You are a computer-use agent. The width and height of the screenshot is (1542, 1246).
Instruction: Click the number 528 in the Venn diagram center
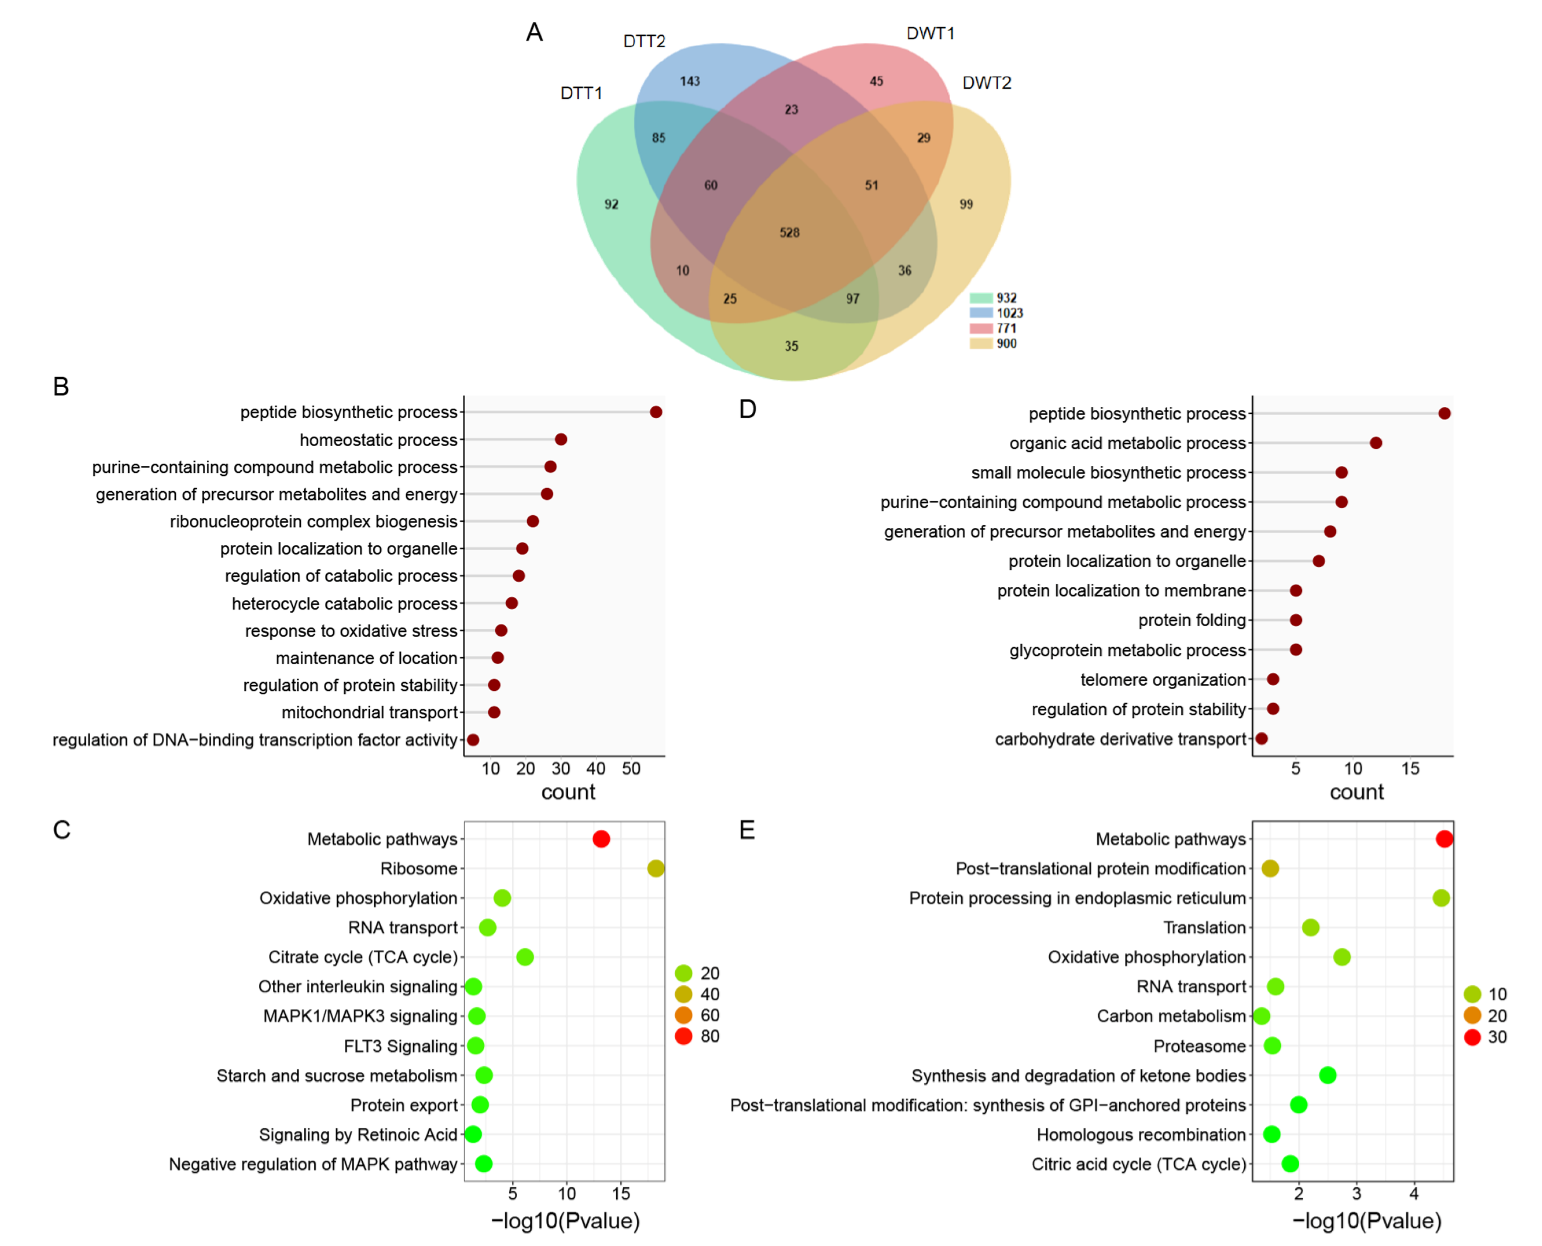tap(790, 232)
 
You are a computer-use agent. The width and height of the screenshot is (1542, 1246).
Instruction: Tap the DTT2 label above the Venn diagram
tap(644, 41)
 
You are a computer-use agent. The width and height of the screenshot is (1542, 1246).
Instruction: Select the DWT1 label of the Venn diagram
tap(930, 33)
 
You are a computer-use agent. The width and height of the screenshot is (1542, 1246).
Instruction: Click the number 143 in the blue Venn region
tap(690, 81)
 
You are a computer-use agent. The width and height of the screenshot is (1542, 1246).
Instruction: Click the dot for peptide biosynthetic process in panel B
tap(656, 412)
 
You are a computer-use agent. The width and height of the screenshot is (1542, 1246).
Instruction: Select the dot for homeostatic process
tap(561, 439)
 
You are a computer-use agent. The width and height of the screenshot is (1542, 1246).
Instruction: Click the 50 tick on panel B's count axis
tap(631, 769)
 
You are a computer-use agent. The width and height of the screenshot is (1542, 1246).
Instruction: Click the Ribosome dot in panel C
tap(656, 868)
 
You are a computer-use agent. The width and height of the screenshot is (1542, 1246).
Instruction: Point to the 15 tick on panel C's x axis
tap(621, 1194)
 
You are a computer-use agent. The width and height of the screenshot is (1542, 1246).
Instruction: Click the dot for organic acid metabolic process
tap(1376, 443)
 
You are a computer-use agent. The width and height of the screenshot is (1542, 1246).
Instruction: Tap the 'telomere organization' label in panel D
tap(1163, 680)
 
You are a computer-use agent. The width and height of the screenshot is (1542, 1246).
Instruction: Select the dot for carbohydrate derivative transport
tap(1261, 739)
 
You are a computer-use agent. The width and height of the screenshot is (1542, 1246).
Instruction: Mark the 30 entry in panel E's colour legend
tap(1497, 1037)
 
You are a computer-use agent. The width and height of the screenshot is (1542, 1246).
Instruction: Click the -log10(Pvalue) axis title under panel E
tap(1366, 1221)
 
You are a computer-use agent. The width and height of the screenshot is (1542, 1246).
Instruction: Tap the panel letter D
tap(747, 409)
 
